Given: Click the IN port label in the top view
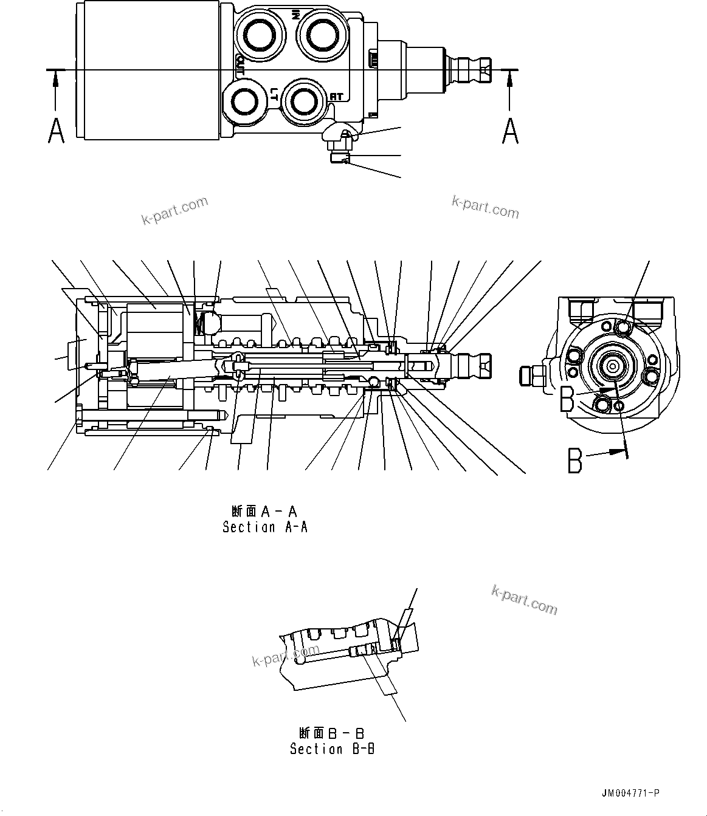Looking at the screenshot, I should [295, 15].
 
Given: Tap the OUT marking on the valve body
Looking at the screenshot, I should [240, 65].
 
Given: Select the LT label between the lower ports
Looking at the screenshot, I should [275, 94].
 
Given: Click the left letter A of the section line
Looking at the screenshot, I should [56, 131].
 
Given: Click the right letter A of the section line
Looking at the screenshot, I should [510, 131].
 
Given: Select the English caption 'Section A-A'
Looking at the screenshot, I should [265, 527].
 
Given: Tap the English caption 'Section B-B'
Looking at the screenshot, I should [332, 749].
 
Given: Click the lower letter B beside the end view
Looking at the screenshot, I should [575, 460].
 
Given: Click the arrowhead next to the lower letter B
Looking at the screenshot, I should [619, 450].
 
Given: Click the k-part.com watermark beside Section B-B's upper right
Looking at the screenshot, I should [523, 600].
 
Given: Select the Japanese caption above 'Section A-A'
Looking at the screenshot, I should [264, 510].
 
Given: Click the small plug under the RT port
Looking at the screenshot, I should [338, 158].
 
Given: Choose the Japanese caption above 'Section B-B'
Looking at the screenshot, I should [331, 733].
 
